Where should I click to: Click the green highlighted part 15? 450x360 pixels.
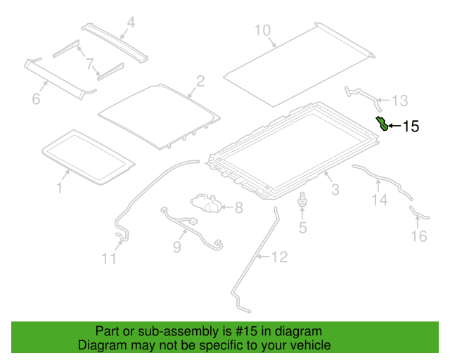382,124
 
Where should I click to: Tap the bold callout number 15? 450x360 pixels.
411,127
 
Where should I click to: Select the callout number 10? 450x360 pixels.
262,30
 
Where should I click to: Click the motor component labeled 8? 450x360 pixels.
206,203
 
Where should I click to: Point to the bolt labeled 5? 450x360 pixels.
302,199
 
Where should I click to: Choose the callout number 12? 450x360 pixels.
279,257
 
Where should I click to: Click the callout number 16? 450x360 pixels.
419,236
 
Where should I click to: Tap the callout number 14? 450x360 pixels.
380,199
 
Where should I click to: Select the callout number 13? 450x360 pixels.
400,101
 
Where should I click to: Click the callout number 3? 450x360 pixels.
335,189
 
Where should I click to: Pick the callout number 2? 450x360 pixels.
200,81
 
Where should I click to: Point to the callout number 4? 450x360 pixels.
131,22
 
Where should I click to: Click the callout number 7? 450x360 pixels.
90,64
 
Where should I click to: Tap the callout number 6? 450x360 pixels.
36,98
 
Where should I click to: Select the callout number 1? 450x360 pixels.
59,188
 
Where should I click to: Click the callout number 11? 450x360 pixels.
110,258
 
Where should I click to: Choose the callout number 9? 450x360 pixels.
177,247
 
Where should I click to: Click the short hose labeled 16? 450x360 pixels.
418,214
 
